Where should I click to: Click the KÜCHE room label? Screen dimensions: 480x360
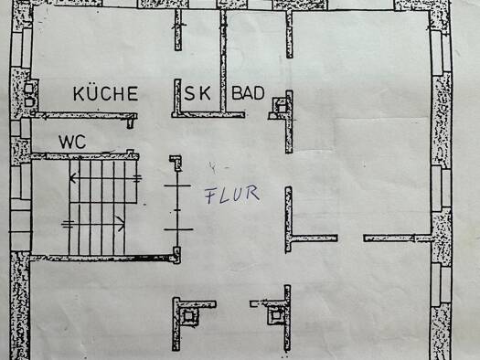[105, 93]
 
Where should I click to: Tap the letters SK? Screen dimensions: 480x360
[197, 93]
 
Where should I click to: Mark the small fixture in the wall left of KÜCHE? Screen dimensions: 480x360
[30, 95]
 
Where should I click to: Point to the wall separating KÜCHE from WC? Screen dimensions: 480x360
[82, 116]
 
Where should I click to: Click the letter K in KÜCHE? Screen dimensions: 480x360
[80, 93]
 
